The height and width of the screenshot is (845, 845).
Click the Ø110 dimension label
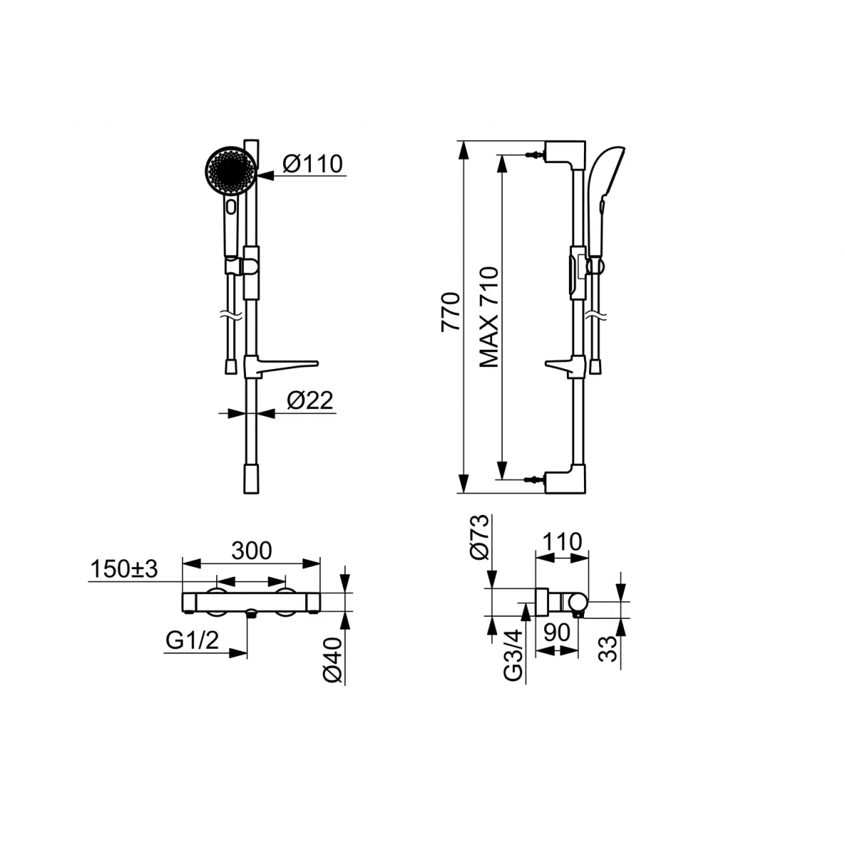click(312, 164)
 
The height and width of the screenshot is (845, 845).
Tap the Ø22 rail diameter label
click(310, 400)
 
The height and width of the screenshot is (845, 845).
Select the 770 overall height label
click(451, 312)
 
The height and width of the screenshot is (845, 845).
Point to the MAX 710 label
click(489, 317)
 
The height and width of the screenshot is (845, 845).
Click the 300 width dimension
click(252, 551)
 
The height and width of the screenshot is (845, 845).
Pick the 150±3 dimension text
click(124, 569)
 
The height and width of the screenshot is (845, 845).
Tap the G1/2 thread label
click(192, 640)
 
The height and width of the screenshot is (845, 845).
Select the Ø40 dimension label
click(334, 661)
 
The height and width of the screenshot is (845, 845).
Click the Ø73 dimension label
click(479, 537)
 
